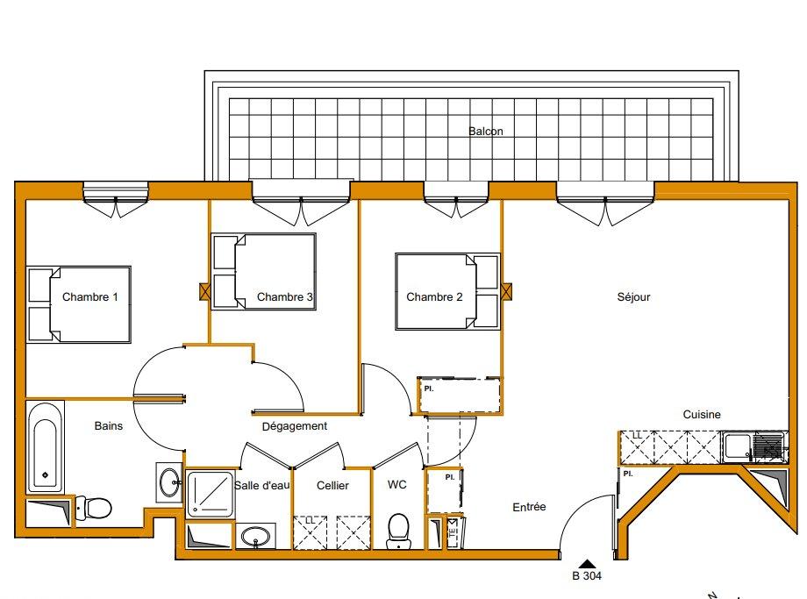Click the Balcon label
click(486, 132)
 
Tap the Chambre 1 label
click(90, 297)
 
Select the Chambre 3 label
click(285, 297)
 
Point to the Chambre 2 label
click(434, 297)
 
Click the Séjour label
click(633, 297)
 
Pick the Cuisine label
click(702, 415)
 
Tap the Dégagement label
click(295, 426)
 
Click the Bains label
click(108, 426)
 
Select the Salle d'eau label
click(261, 485)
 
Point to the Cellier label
click(332, 485)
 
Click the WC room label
click(396, 485)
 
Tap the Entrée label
click(529, 507)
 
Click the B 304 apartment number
click(586, 577)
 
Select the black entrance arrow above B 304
click(586, 564)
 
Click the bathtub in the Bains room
click(45, 447)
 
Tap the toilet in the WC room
click(398, 528)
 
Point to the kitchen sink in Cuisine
click(737, 448)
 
